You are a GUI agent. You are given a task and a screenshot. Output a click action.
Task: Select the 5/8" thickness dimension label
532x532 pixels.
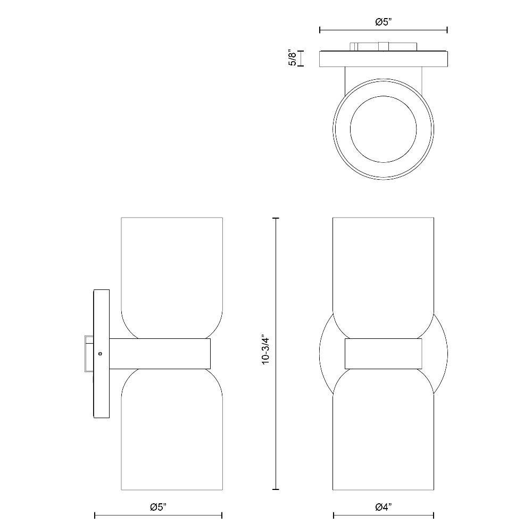click(x=293, y=58)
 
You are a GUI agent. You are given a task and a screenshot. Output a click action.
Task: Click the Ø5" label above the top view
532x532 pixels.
click(x=384, y=22)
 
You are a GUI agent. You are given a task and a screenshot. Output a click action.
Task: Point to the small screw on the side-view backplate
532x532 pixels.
click(x=100, y=354)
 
